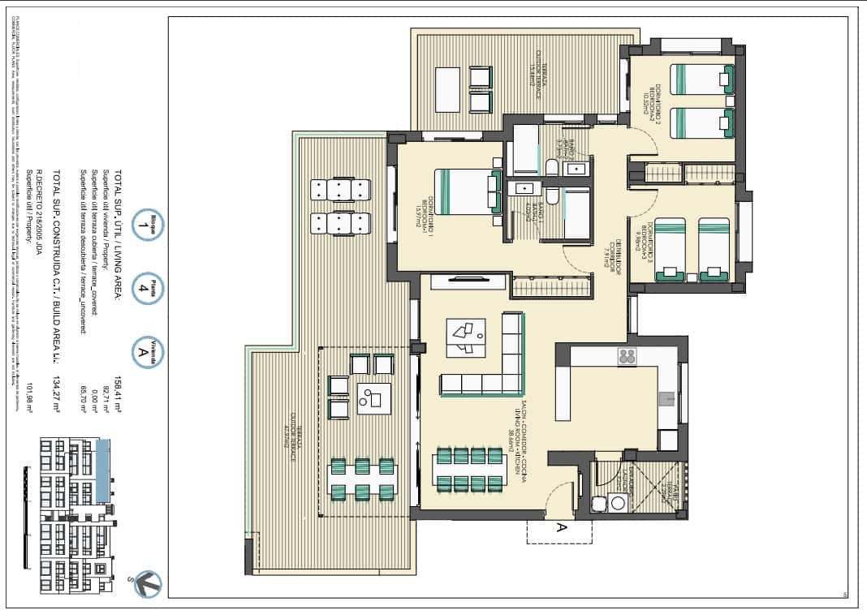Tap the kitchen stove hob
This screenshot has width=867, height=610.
tap(627, 356)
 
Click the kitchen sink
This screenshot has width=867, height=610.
tap(666, 398)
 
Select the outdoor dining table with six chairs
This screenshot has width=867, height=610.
tap(363, 479)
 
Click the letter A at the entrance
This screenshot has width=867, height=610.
tap(560, 527)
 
